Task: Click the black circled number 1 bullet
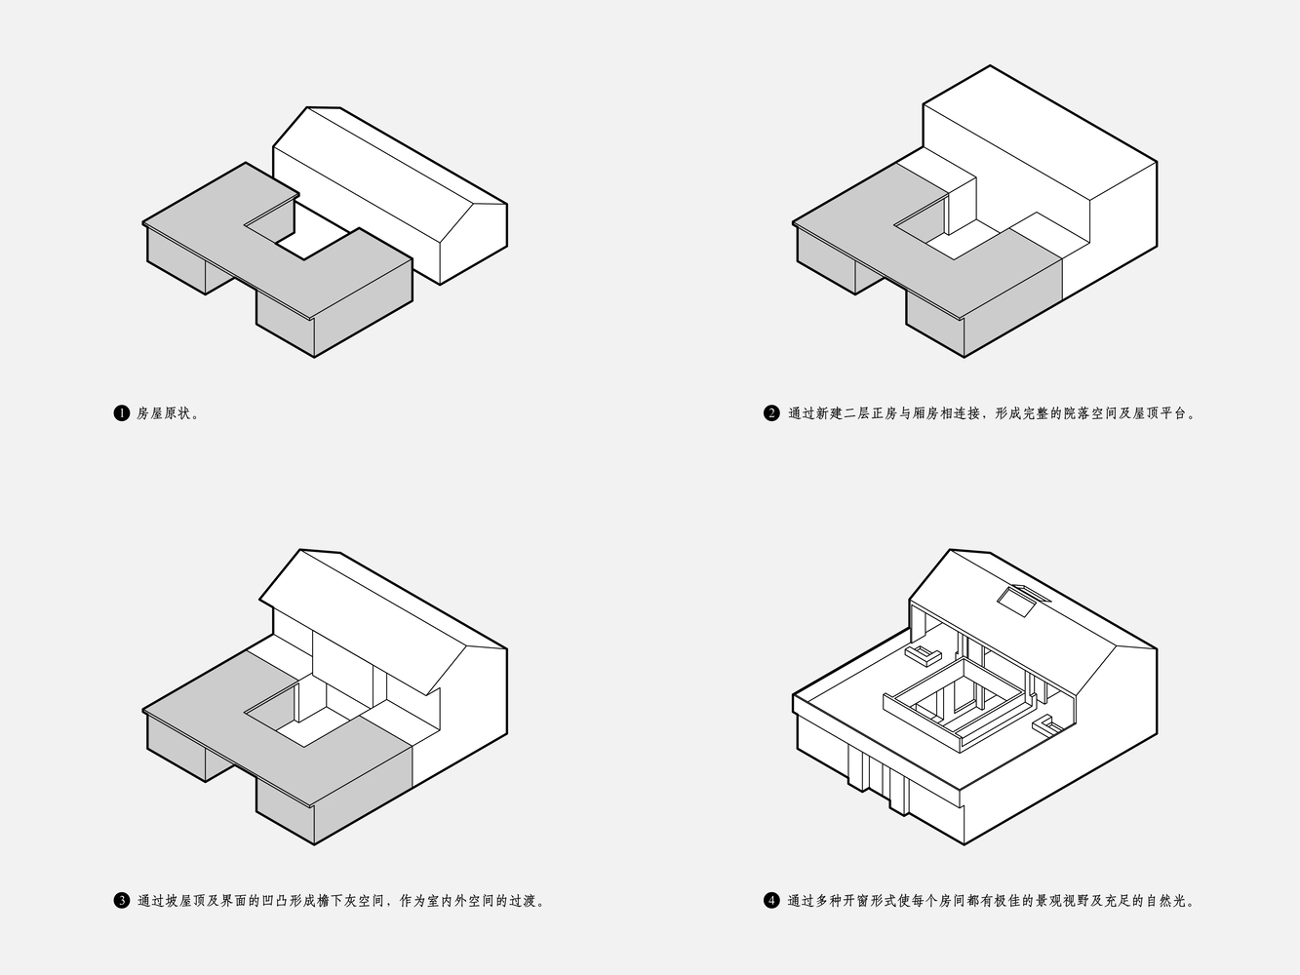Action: click(121, 413)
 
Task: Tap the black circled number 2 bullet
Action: click(771, 413)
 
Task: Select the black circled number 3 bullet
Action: click(121, 900)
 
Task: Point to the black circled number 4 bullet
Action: click(771, 900)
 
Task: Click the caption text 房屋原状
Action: click(165, 413)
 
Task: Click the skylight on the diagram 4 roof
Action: click(1023, 601)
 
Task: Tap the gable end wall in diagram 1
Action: click(474, 244)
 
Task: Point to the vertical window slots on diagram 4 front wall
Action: click(879, 778)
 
